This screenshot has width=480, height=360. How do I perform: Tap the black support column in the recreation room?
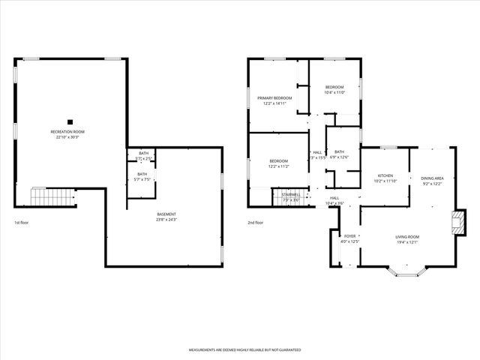[69, 121]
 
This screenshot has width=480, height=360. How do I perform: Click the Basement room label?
[166, 217]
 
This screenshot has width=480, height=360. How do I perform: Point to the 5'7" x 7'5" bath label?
[142, 177]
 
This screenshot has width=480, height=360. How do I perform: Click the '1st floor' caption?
[22, 223]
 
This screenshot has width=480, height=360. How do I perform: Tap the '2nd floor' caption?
[256, 223]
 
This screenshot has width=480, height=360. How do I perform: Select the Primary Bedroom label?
[274, 100]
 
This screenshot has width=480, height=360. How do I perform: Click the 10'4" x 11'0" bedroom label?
[334, 90]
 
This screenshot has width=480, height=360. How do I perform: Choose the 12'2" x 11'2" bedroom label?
[278, 163]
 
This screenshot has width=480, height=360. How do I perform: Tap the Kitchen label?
[384, 178]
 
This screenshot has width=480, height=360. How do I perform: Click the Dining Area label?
[433, 181]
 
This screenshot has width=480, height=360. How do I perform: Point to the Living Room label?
[407, 239]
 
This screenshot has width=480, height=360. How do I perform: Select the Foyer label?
[349, 238]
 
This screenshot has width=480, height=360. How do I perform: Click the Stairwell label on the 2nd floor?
[291, 196]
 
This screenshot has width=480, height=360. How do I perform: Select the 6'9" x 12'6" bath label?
[340, 154]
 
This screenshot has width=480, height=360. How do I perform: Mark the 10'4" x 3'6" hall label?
[334, 201]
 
